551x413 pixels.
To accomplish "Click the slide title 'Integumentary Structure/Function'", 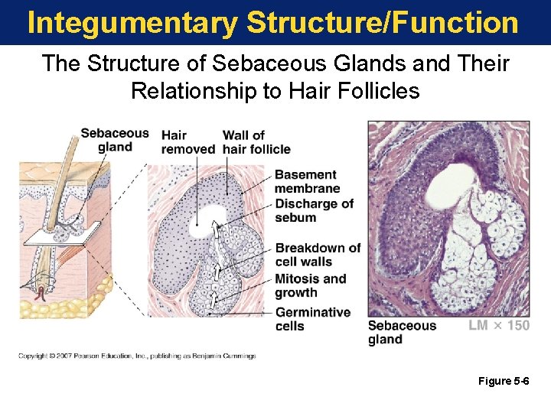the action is click(x=272, y=23).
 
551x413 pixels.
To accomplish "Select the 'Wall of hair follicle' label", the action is click(x=256, y=142).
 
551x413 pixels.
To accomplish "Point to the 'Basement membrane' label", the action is click(x=306, y=181).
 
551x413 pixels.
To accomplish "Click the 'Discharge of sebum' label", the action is click(x=314, y=210).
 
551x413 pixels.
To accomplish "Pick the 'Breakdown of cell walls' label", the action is click(x=317, y=255).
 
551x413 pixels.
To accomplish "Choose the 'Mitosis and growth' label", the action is click(x=310, y=285).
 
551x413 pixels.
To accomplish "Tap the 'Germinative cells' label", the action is click(x=312, y=319).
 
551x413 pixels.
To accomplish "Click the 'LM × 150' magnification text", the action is click(x=498, y=326).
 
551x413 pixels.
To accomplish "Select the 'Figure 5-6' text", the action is click(x=503, y=381).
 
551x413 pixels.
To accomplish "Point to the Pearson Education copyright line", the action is click(x=137, y=356).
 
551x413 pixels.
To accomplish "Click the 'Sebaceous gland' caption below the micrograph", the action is click(x=401, y=332).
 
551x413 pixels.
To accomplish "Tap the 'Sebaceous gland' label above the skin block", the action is click(x=115, y=140).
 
